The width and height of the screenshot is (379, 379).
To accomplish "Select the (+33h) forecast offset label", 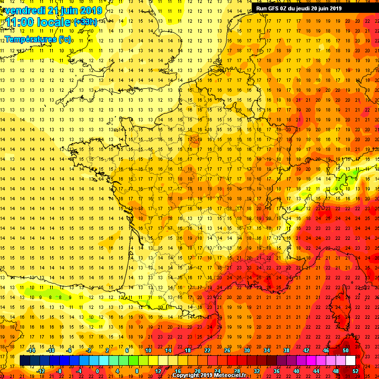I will point(85,22).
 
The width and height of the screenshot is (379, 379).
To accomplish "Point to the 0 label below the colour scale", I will point(97,371).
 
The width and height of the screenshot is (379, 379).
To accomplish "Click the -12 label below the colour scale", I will point(41,371).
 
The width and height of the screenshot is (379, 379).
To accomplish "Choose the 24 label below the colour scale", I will point(217,371).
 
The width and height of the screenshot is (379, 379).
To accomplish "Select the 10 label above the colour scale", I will point(148,350).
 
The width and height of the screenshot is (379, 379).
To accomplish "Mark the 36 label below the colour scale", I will point(277,371).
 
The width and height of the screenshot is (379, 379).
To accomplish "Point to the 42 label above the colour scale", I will point(306,350).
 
